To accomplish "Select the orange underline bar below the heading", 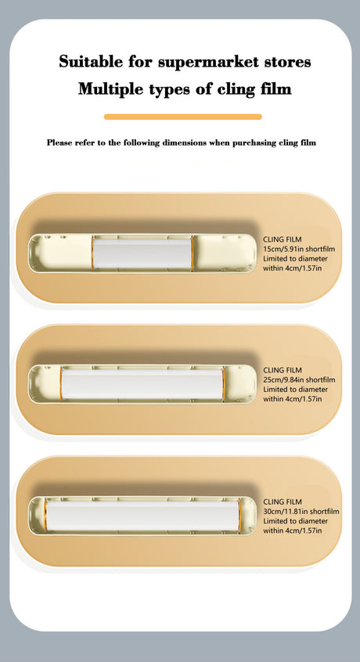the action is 183,117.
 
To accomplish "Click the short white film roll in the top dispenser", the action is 142,254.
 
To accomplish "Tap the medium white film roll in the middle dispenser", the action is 142,384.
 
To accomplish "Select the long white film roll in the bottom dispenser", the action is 142,516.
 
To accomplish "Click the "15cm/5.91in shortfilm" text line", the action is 299,249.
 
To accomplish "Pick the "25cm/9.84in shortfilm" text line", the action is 299,380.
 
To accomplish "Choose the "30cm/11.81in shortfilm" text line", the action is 301,512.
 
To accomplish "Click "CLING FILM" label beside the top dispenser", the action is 283,239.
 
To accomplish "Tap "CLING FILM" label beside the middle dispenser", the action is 283,370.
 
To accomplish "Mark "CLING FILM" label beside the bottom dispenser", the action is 283,502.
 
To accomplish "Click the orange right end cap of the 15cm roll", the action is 192,254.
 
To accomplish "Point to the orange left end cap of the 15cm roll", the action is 92,254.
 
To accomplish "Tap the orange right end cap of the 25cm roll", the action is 223,384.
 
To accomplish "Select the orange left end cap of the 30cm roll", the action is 45,516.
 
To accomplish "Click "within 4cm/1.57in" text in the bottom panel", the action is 293,531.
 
